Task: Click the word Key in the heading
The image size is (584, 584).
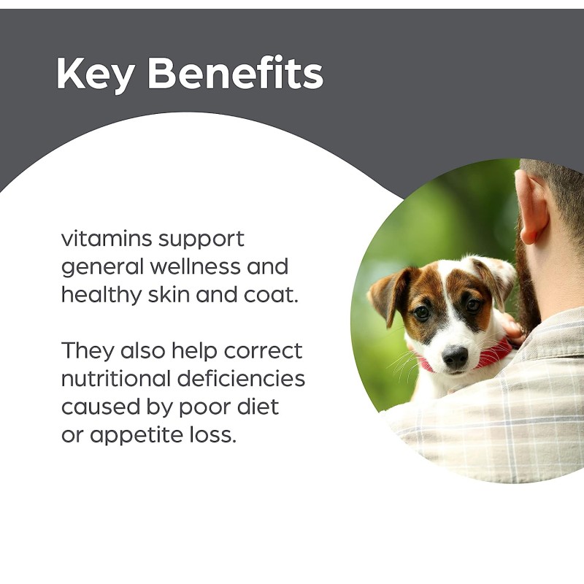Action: coord(98,73)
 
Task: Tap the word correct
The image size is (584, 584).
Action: coord(264,350)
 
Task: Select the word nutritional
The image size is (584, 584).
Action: coord(118,379)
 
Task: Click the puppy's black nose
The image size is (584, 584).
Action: coord(454,356)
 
